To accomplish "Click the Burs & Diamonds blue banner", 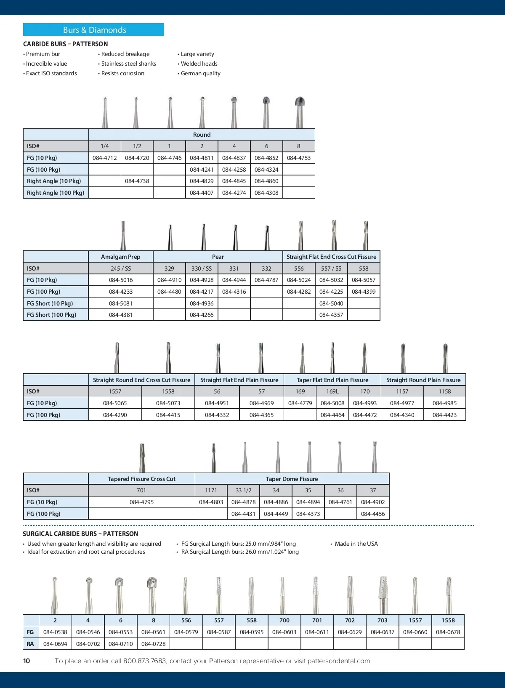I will click(x=93, y=30).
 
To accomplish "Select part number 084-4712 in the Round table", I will click(x=105, y=158).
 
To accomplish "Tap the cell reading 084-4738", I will click(x=137, y=181).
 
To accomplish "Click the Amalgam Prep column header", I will click(x=121, y=257).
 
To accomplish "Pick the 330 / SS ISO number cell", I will click(x=202, y=268).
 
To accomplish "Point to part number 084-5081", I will click(x=121, y=303).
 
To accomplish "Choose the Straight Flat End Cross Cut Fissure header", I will click(x=331, y=257).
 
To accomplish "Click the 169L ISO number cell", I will click(x=332, y=391).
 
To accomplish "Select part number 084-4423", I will click(x=444, y=415).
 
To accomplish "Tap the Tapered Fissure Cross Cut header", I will click(x=141, y=479).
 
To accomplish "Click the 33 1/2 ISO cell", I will click(x=244, y=490).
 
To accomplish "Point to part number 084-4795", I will click(x=141, y=502).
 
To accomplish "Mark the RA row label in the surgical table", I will click(x=30, y=644).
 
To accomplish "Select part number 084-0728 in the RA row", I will click(x=154, y=644).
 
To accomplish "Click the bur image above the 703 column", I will click(x=383, y=595).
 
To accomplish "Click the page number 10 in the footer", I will click(x=27, y=661).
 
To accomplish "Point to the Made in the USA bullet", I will click(x=356, y=544).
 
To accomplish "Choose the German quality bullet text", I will click(x=200, y=73).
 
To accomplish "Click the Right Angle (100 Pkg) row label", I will click(x=56, y=193).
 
